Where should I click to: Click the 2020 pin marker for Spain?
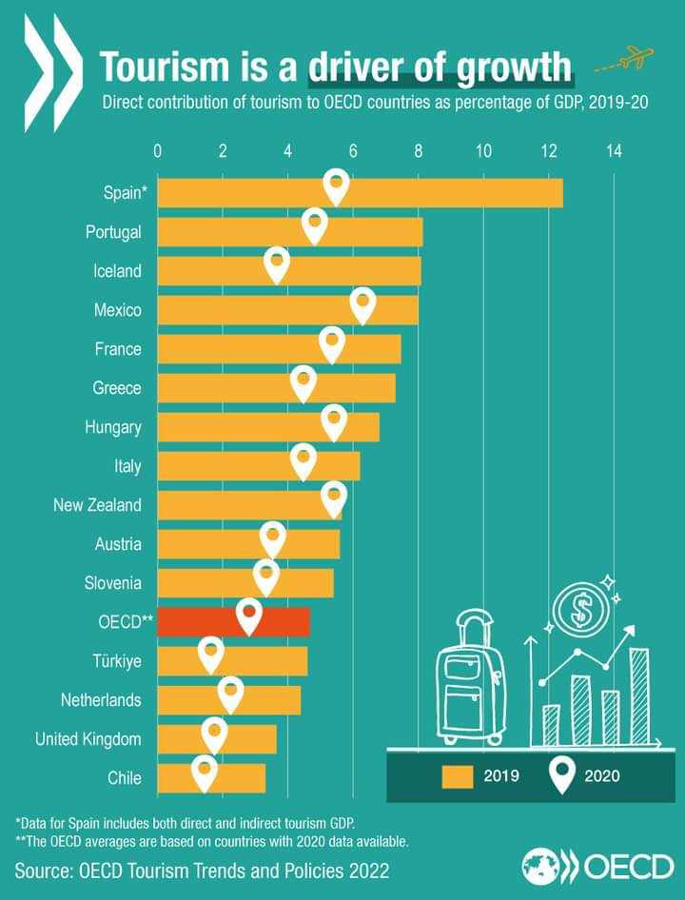coord(335,186)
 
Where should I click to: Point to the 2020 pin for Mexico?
coord(362,304)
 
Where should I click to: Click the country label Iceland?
coord(117,271)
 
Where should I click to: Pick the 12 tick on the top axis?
coord(548,150)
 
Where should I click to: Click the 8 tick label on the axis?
coord(418,150)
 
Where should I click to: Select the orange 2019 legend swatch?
coord(458,776)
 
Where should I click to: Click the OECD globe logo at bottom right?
coord(545,866)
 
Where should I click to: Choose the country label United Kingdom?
coord(88,739)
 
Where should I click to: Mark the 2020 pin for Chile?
coord(204,772)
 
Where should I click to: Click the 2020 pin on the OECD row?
coord(248,615)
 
